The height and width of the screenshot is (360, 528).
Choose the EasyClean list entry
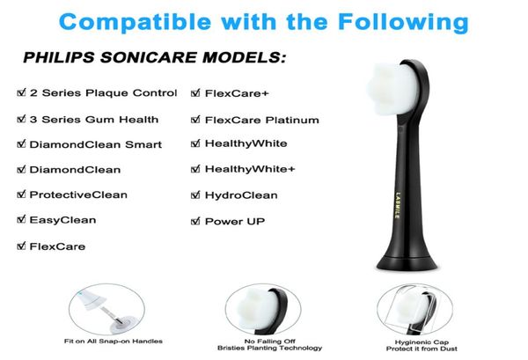click(x=64, y=220)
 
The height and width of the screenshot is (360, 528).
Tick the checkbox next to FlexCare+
click(x=196, y=92)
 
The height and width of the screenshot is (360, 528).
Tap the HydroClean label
click(x=240, y=195)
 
